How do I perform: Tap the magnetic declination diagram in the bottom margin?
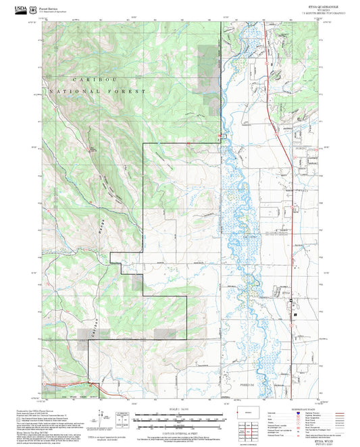pos(123,417)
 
